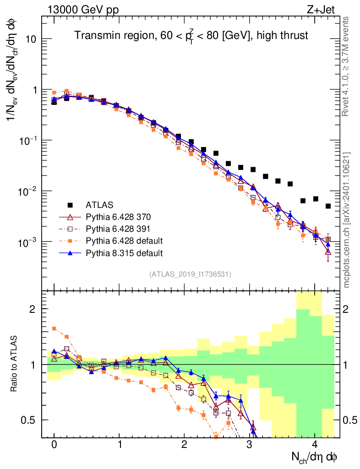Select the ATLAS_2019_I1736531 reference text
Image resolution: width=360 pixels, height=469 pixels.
pos(190,274)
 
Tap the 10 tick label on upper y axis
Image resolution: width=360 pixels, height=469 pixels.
pos(30,39)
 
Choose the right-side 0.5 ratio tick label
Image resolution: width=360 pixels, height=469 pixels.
pos(350,420)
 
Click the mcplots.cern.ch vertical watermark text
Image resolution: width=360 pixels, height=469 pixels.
pos(346,220)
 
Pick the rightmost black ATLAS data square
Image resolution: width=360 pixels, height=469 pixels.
pos(328,206)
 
